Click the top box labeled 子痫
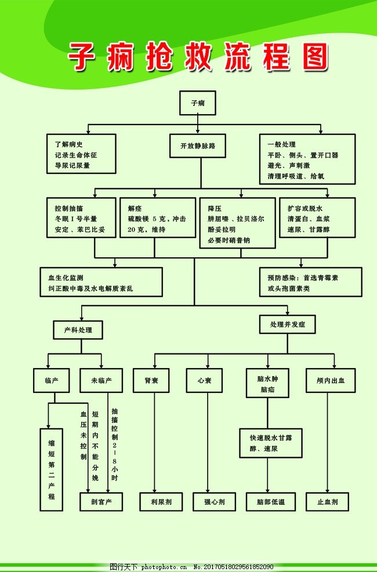coord(198,103)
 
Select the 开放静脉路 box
coord(197,146)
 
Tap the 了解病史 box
coord(82,154)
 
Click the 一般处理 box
coord(307,159)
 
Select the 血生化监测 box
coord(101,282)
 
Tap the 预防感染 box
coord(310,282)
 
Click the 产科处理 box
coord(78,330)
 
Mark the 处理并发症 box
coord(288,325)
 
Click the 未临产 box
coord(101,381)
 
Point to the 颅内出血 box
coord(330,381)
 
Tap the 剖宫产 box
coord(101,502)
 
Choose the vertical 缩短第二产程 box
coord(52,469)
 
